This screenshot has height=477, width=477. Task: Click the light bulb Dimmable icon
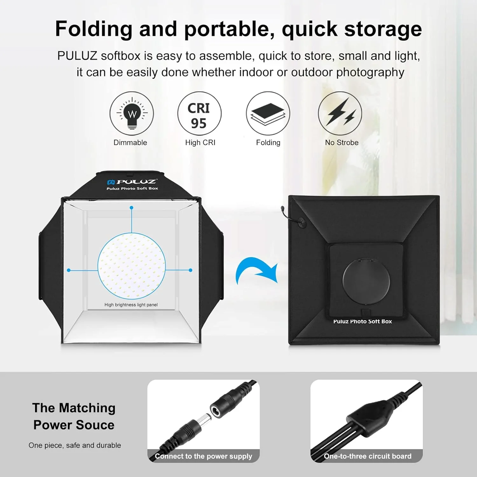[x=132, y=113]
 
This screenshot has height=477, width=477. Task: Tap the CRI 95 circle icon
[x=199, y=113]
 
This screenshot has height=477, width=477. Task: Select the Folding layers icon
[x=268, y=113]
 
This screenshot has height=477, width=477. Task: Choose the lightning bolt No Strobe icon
[x=340, y=113]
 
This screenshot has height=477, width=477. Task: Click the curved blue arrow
[x=254, y=267]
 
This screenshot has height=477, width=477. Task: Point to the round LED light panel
[x=131, y=266]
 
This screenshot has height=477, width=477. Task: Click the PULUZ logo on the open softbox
[x=132, y=182]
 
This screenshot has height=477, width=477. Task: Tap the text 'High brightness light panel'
[x=131, y=305]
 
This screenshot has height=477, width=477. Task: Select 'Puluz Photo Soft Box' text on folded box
[x=363, y=321]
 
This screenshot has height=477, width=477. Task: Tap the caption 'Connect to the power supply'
[x=204, y=456]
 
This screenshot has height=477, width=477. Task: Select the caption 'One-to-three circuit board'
[x=368, y=456]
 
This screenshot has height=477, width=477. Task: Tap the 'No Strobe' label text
[x=342, y=142]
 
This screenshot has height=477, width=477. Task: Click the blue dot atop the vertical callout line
[x=131, y=208]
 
